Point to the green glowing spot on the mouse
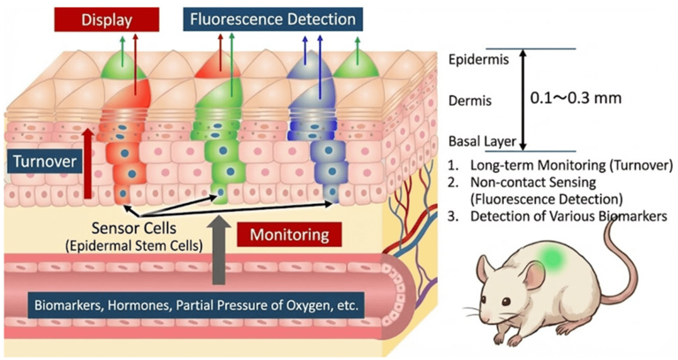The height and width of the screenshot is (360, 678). [x=553, y=259]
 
